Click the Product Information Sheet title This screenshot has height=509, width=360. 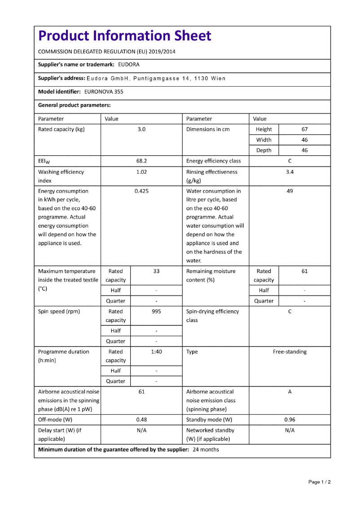click(124, 35)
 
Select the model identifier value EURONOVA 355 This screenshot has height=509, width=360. click(104, 92)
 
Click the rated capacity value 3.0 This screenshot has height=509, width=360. click(141, 129)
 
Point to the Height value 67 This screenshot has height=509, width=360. click(304, 129)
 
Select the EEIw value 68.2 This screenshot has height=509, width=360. click(141, 161)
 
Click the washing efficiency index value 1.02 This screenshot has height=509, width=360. click(141, 172)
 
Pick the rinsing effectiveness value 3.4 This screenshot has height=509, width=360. click(290, 172)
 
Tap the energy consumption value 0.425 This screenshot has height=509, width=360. click(141, 191)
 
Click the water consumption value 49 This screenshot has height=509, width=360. click(290, 191)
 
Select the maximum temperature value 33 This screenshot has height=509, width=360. click(156, 271)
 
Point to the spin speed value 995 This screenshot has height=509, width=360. click(156, 312)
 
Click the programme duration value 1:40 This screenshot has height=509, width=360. click(156, 352)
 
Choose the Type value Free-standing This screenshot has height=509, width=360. click(290, 352)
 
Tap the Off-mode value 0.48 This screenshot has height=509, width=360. click(141, 420)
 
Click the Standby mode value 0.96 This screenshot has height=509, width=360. click(290, 420)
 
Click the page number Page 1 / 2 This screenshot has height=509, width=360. click(319, 482)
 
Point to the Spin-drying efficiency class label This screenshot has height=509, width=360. click(212, 316)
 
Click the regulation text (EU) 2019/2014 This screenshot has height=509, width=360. click(153, 52)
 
